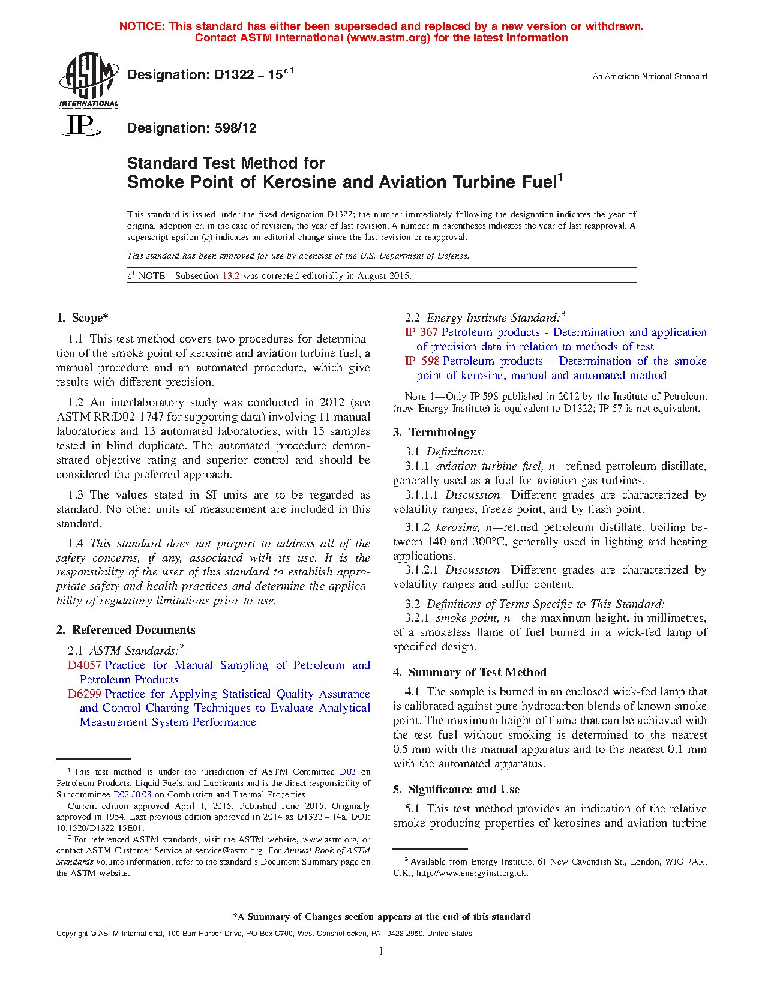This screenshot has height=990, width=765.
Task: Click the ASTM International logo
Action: click(x=89, y=79)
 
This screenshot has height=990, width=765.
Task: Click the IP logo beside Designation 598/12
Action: click(x=81, y=127)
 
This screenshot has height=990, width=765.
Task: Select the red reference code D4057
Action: click(x=85, y=665)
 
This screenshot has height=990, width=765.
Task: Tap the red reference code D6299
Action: click(x=85, y=694)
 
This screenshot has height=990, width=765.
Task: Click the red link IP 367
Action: click(x=421, y=332)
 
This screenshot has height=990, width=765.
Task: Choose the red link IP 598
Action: click(x=422, y=361)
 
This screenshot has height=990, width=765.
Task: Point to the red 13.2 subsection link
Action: click(x=231, y=276)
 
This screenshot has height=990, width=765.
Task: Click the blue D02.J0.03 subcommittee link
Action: click(x=132, y=794)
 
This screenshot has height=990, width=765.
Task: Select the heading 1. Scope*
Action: click(x=83, y=318)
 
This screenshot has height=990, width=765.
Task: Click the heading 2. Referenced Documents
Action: click(x=126, y=629)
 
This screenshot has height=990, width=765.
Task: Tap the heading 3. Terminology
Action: click(x=434, y=432)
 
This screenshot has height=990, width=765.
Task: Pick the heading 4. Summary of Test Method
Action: click(x=470, y=672)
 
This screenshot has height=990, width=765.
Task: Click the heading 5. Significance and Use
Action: click(x=457, y=789)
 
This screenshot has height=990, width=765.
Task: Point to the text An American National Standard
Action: click(x=649, y=76)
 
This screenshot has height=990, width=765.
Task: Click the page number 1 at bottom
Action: click(x=382, y=950)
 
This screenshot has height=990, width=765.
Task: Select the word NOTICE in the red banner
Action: click(x=142, y=26)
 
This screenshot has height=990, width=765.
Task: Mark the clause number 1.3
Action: click(x=76, y=494)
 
